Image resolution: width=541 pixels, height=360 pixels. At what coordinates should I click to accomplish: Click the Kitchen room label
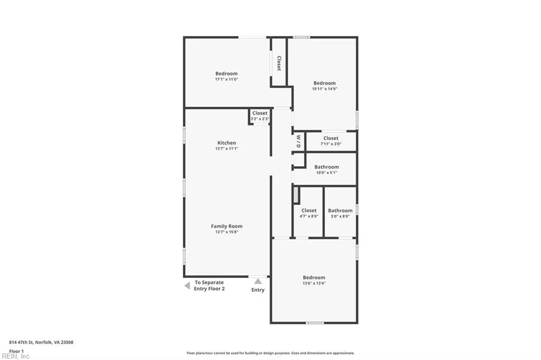coord(227,143)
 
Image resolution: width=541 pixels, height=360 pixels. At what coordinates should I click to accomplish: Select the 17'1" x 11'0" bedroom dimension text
coord(226,79)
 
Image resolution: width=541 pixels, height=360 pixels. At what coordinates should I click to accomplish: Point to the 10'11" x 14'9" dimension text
coord(324,89)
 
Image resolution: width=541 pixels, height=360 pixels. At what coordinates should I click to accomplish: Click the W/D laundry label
coord(298,141)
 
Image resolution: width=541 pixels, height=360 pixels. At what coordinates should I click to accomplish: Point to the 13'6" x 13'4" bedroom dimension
coord(314,283)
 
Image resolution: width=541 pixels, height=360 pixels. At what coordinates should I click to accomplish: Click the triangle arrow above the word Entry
coord(258,281)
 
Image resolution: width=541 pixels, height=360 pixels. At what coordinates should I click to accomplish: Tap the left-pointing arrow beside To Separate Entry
coord(186,286)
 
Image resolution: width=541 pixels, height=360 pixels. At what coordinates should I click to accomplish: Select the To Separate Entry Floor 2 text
coord(210,286)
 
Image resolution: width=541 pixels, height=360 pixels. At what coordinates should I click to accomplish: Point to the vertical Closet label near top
coord(279,63)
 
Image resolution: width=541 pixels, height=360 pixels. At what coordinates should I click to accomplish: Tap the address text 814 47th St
coord(41,342)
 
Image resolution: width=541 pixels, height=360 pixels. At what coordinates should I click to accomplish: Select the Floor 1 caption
coord(16,351)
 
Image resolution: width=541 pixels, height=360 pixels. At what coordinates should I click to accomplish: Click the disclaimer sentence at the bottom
coord(270,353)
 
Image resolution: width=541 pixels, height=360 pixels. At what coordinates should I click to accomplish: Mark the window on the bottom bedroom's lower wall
coord(315,323)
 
